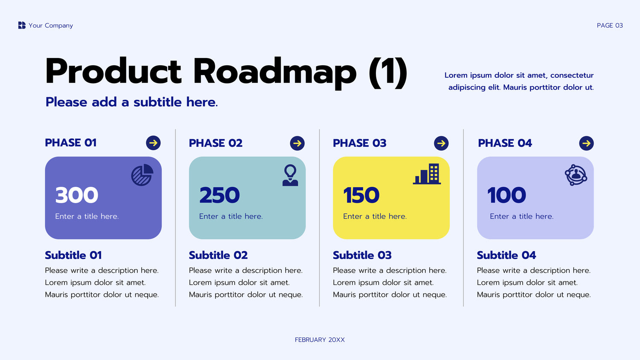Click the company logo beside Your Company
22,25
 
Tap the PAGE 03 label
610,26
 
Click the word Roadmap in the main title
275,71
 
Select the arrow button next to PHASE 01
153,143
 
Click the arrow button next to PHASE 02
297,143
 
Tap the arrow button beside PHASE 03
441,143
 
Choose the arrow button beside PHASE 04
586,143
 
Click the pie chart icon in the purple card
142,175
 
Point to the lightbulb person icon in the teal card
290,175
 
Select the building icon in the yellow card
427,174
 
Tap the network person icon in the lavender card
576,175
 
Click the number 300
76,195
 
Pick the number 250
219,195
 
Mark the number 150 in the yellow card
361,195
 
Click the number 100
506,195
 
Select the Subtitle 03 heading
362,255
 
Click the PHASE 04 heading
505,143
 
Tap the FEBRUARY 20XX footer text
320,340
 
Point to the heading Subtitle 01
73,255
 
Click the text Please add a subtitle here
131,102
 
